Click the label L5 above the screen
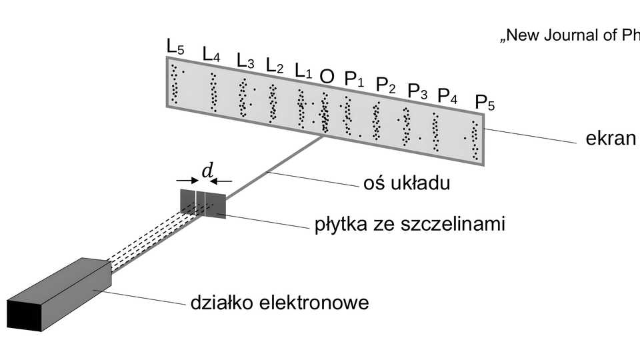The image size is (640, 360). pos(175,47)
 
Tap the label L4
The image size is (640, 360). pos(211,55)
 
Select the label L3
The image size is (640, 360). pos(245,61)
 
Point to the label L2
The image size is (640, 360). pos(275,65)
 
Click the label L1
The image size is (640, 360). pos(303,70)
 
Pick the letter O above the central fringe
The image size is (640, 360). pos(327,76)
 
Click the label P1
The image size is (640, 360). pos(354,79)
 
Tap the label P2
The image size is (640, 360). pos(386,85)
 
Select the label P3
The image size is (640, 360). pos(417,91)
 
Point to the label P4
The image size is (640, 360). pos(447,96)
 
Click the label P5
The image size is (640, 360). pos(485,103)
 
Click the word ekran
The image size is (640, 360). pos(611,139)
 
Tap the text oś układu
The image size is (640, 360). pos(405,182)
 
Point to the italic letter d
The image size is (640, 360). pos(207,171)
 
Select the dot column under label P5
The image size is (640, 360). pos(474,141)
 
